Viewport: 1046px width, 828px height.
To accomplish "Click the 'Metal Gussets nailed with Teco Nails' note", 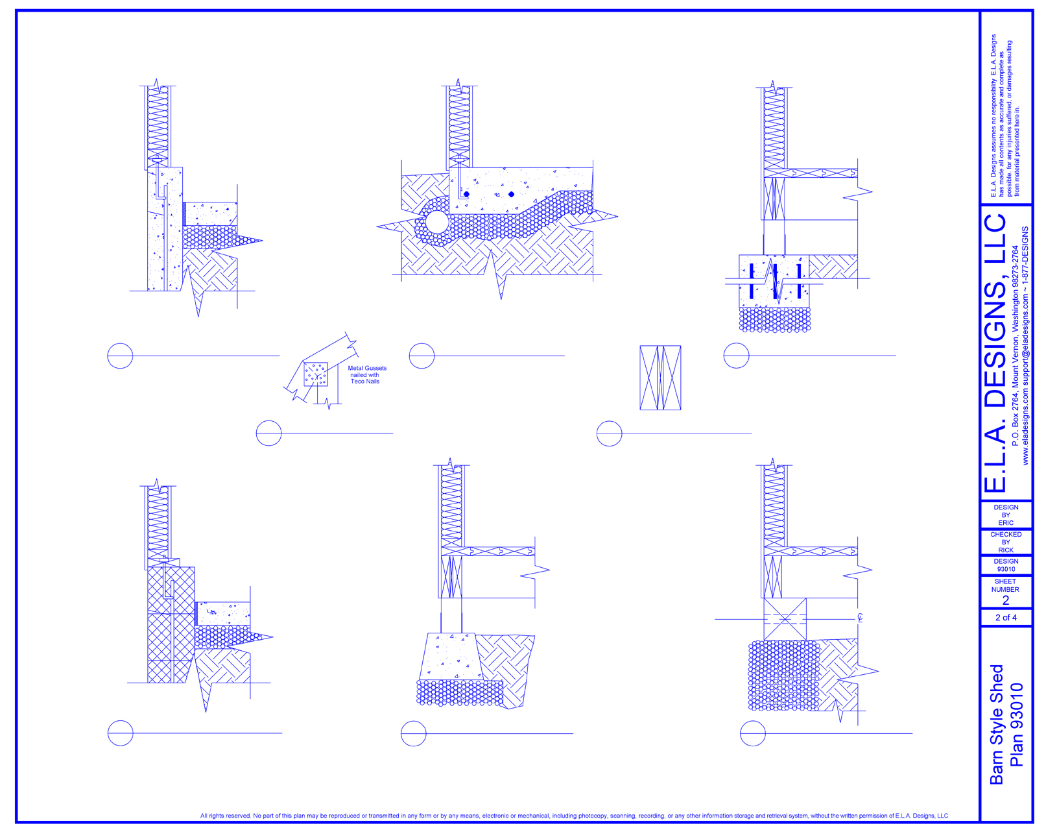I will (x=366, y=375).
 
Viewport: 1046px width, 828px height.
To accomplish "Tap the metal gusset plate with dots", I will (x=316, y=374).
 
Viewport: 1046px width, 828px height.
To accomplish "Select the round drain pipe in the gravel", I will (x=436, y=222).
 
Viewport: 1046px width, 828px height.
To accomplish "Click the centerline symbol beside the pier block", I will (x=860, y=618).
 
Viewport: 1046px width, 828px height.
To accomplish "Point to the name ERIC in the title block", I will (x=1005, y=523).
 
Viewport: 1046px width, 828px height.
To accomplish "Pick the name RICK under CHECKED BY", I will (x=1005, y=550).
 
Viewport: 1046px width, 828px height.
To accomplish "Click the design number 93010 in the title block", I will (x=1006, y=569).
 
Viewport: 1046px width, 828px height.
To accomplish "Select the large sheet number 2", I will (x=1006, y=601).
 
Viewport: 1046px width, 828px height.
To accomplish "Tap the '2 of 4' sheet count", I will (x=1006, y=618).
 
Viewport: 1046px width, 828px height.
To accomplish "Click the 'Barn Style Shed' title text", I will (x=997, y=724).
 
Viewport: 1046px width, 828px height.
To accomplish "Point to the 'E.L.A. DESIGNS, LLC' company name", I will (x=995, y=354).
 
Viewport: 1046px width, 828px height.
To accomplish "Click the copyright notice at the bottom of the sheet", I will (x=574, y=816).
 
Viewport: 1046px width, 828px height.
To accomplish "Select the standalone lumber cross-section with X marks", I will (x=660, y=378).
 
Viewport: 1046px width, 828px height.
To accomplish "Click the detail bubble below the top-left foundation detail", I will (x=120, y=356).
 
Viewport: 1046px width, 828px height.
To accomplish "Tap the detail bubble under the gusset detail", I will (x=269, y=433).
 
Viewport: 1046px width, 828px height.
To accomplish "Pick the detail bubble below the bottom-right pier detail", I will (x=752, y=733).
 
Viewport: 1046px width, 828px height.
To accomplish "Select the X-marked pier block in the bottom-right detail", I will (x=785, y=619).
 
